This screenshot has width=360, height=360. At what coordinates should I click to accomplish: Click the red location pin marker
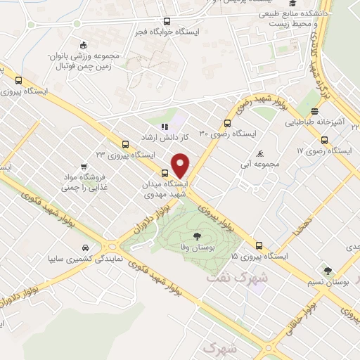tap(181, 165)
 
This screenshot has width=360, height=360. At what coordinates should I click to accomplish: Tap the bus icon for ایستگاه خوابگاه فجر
tap(167, 20)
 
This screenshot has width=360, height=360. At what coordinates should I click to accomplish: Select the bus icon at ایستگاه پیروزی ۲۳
tap(125, 143)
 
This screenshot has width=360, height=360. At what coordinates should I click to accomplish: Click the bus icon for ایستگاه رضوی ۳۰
tap(236, 121)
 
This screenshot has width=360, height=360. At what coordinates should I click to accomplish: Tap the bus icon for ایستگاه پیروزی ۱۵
tap(259, 246)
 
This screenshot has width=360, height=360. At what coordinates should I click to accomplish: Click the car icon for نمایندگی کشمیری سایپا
tap(85, 247)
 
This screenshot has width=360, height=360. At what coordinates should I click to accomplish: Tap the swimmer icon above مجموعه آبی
tap(261, 153)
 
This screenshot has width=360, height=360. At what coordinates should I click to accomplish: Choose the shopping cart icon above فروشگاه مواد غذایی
tap(84, 167)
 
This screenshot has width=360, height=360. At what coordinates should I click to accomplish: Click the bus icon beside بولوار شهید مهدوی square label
tap(165, 174)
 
